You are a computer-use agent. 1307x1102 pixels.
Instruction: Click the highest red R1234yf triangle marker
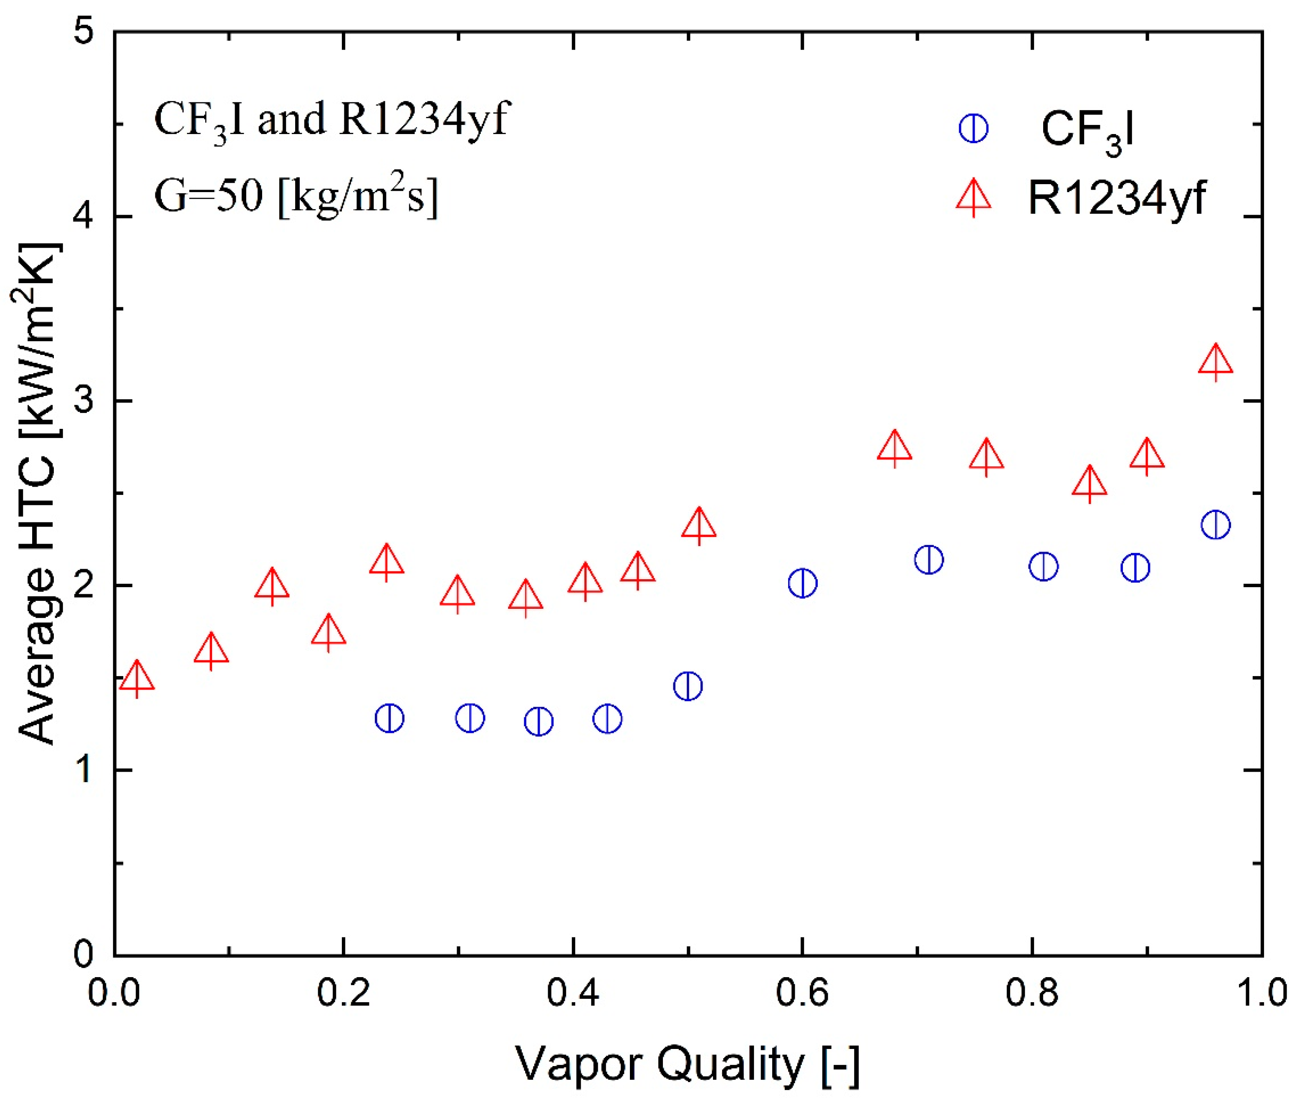click(x=1215, y=361)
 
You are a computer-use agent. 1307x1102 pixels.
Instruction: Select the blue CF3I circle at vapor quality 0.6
click(x=802, y=583)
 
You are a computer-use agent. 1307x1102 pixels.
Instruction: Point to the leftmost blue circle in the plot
click(x=389, y=718)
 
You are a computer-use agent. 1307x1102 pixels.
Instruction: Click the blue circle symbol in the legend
click(x=973, y=129)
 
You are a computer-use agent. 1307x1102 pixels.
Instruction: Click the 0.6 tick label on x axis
click(x=802, y=993)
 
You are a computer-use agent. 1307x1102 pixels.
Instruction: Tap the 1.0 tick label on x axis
click(x=1261, y=993)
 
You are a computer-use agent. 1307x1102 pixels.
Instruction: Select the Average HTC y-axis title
click(x=38, y=494)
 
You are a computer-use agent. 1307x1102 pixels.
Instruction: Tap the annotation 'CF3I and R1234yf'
click(x=331, y=120)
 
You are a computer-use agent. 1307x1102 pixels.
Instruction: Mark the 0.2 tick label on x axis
click(x=344, y=993)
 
